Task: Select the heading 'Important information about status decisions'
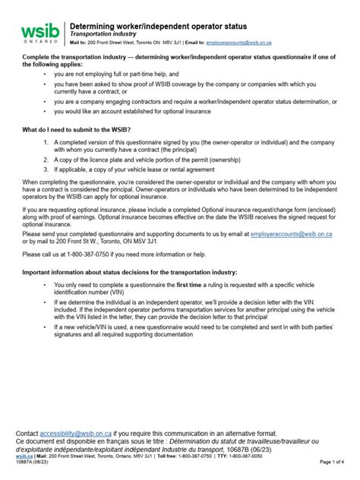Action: (x=130, y=272)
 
